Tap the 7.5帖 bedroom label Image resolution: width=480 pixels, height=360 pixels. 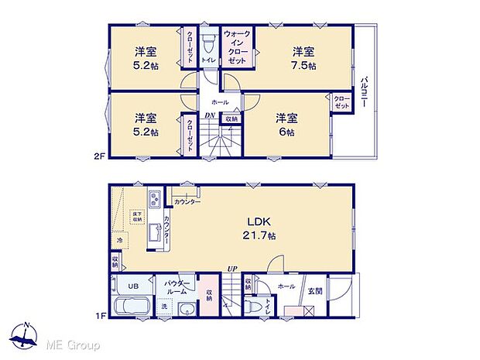pos(303,58)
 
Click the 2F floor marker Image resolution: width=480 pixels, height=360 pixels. pos(98,156)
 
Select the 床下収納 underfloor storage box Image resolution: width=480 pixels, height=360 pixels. pos(137,217)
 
